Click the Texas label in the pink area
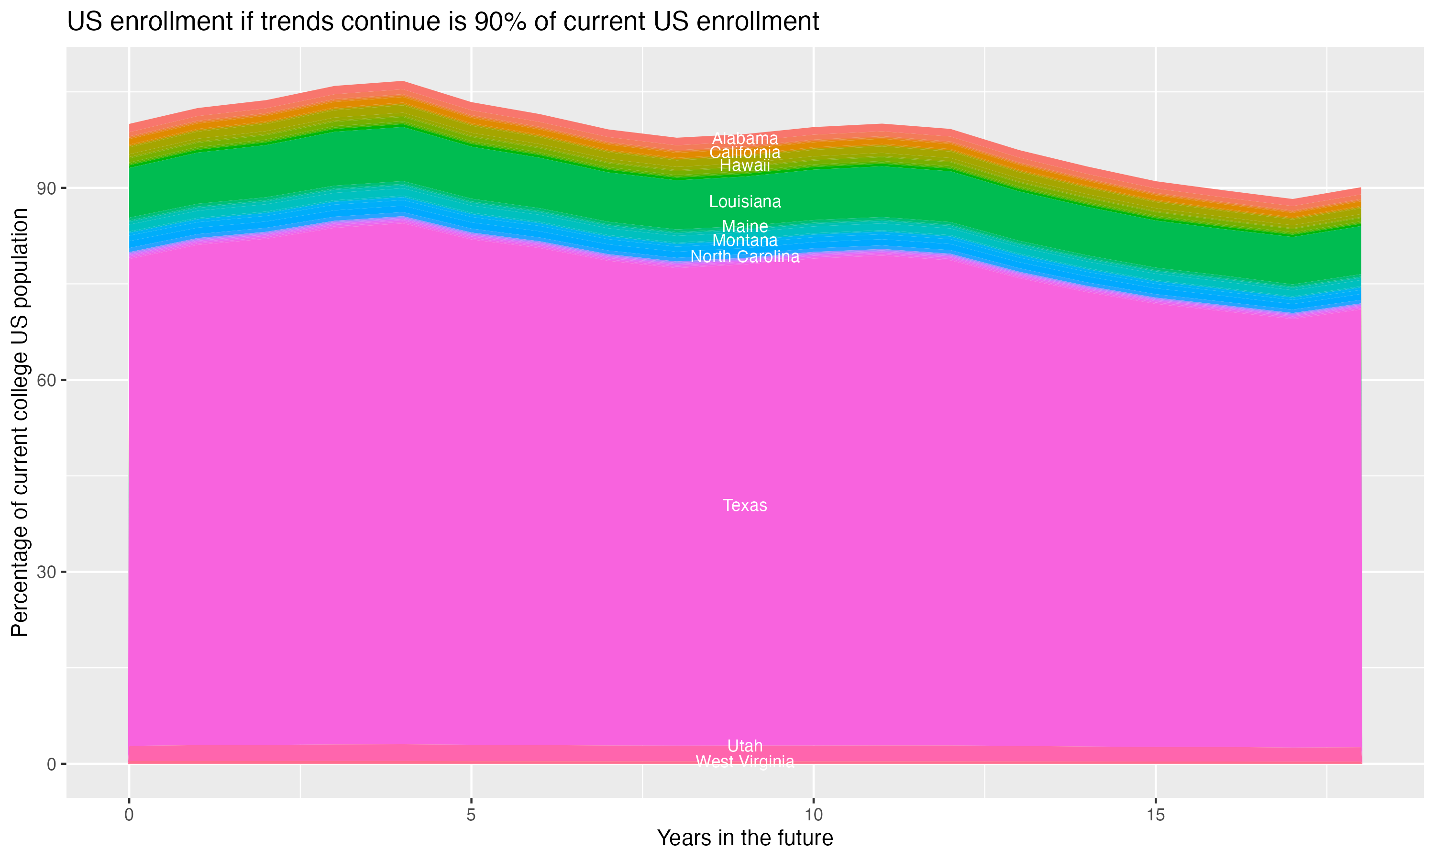pyautogui.click(x=745, y=505)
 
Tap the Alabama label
pyautogui.click(x=745, y=139)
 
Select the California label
pyautogui.click(x=745, y=153)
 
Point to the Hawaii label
pyautogui.click(x=745, y=166)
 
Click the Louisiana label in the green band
pyautogui.click(x=745, y=202)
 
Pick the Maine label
pyautogui.click(x=745, y=226)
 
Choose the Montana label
pyautogui.click(x=745, y=240)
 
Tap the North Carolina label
pyautogui.click(x=745, y=256)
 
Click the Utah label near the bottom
pyautogui.click(x=745, y=746)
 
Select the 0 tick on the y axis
pyautogui.click(x=52, y=764)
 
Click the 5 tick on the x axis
pyautogui.click(x=471, y=815)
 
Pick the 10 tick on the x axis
pyautogui.click(x=813, y=815)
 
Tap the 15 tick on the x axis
pyautogui.click(x=1156, y=815)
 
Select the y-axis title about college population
pyautogui.click(x=20, y=422)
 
